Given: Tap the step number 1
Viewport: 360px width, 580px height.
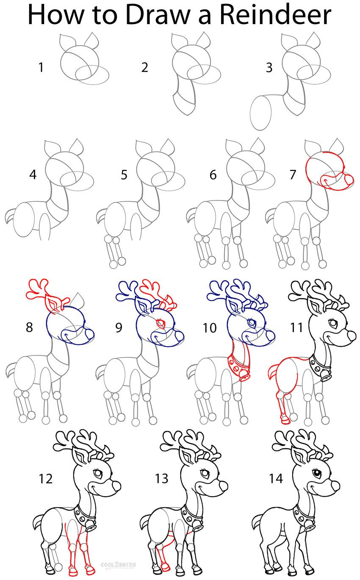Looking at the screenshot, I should tap(41, 67).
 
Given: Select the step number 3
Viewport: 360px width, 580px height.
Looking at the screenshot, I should tap(269, 67).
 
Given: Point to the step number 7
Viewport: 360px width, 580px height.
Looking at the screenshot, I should tap(293, 175).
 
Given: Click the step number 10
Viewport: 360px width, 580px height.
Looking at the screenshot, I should tap(210, 327).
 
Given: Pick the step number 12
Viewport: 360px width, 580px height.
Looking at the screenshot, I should tap(45, 479).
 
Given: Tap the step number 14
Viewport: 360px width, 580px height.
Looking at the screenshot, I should tap(275, 479).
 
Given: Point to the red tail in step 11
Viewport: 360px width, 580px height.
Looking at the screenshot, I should tap(273, 372).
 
